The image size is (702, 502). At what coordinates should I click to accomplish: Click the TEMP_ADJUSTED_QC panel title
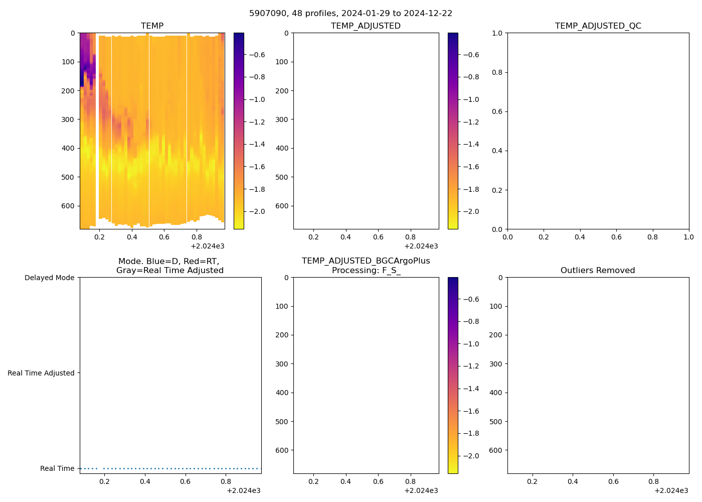598,26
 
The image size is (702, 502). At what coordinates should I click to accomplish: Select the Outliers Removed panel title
598,271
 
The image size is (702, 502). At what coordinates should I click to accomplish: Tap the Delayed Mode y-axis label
49,278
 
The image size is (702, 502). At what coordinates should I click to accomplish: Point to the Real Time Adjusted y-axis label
41,373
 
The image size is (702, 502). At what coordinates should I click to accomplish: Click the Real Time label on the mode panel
57,468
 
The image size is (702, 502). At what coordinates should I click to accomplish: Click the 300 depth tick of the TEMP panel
69,119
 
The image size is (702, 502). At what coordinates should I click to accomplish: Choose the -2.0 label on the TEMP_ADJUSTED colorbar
470,211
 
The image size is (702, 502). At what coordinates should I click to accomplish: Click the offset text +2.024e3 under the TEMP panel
207,246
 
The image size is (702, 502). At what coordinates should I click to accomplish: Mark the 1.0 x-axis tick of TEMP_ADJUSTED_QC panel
688,237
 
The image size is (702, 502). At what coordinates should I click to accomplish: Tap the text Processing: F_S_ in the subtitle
366,271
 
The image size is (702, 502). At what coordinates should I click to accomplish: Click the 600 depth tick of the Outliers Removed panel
495,450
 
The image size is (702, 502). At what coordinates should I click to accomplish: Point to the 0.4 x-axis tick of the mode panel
145,481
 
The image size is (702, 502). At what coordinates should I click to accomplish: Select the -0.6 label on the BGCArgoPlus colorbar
470,299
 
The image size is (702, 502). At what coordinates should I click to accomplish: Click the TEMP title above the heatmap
152,26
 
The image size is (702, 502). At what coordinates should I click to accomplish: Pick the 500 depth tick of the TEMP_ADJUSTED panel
283,177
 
